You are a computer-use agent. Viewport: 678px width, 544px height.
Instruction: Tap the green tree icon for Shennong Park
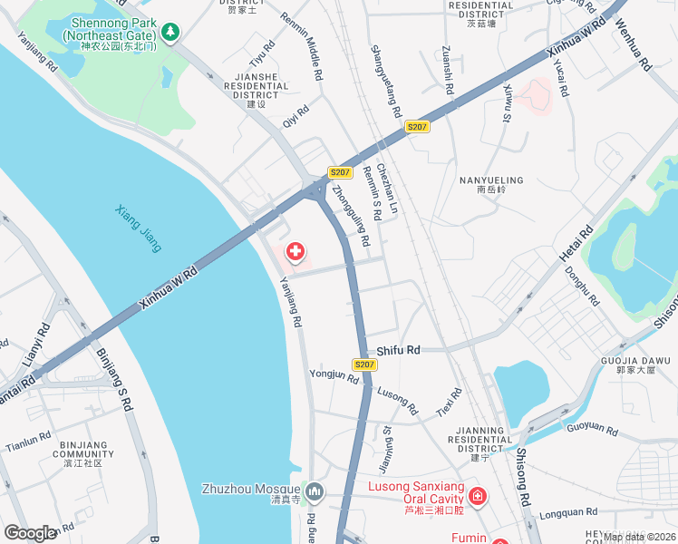(x=170, y=32)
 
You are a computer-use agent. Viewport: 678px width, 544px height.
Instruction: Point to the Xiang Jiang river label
(x=139, y=228)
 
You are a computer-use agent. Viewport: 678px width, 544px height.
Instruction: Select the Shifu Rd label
(x=399, y=349)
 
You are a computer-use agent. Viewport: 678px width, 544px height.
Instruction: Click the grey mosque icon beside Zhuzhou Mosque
(x=315, y=491)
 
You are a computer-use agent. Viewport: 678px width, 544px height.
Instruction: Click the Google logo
(x=31, y=533)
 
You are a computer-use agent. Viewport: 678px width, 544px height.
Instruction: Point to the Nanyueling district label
(x=488, y=184)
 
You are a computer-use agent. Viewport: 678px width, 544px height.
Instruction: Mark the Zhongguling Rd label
(x=352, y=217)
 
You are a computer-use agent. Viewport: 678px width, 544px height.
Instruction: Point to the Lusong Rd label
(x=397, y=402)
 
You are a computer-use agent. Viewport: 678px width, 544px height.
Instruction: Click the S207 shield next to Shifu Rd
(x=364, y=364)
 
